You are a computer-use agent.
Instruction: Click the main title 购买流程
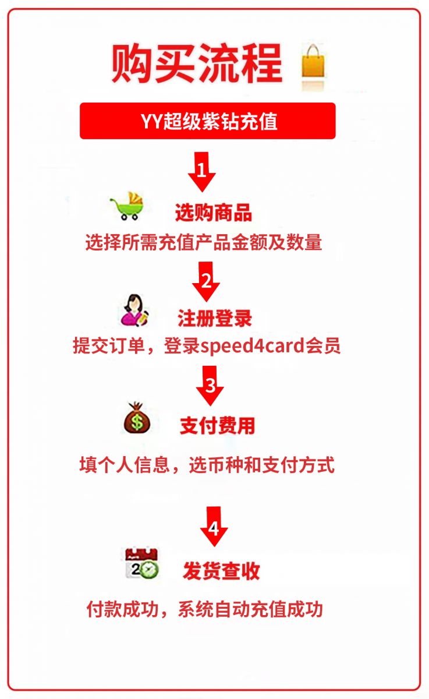click(197, 63)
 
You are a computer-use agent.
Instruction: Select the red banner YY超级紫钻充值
click(208, 121)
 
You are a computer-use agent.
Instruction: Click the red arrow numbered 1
click(202, 172)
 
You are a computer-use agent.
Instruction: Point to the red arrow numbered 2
click(206, 281)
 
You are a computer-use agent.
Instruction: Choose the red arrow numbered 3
click(210, 386)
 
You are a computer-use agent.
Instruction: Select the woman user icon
click(134, 310)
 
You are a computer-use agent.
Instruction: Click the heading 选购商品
click(214, 213)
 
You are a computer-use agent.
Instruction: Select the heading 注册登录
click(215, 318)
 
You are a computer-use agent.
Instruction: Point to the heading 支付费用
click(218, 425)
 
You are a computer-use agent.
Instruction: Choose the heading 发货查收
click(221, 571)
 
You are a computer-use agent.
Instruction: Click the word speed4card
click(252, 346)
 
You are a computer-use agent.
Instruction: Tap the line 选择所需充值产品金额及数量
click(204, 242)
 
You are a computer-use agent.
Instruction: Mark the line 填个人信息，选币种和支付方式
click(207, 465)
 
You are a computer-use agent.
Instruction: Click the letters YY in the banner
click(152, 121)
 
